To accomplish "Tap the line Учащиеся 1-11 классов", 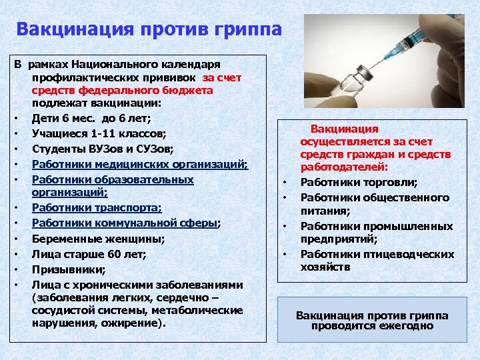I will coord(100,133).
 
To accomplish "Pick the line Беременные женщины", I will coord(99,239).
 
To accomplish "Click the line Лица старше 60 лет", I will coord(89,253).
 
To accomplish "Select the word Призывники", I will coord(64,269).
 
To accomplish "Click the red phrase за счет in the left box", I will coord(223,77).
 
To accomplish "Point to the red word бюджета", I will coord(189,90).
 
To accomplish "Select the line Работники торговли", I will coord(359,182).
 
